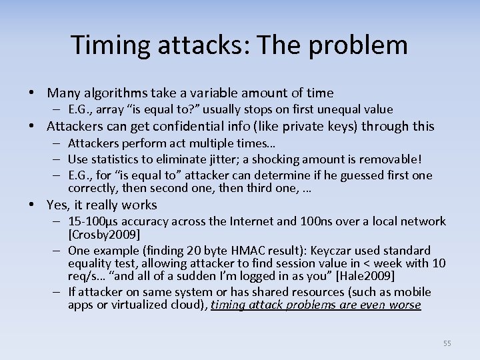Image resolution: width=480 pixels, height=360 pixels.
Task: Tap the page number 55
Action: (x=447, y=343)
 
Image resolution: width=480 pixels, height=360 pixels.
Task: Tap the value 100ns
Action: (x=308, y=222)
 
